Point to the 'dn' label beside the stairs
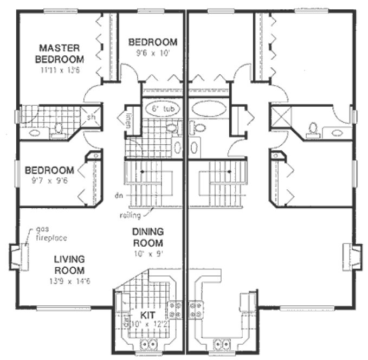[x=118, y=194]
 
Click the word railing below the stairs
[x=131, y=215]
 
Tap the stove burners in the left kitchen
[x=175, y=309]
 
